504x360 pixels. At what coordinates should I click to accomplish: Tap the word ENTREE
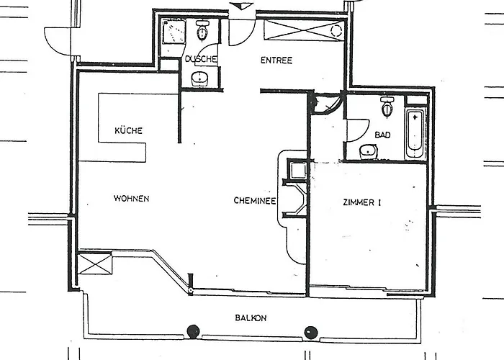click(276, 60)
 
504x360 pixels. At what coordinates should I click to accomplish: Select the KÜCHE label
click(128, 131)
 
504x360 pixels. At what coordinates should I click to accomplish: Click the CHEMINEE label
click(255, 202)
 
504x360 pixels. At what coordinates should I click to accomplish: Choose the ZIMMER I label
click(361, 203)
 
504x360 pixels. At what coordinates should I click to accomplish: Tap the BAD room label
click(382, 135)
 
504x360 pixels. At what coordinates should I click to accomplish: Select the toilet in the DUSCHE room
click(202, 32)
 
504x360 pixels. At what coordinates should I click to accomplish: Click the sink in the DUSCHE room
click(201, 78)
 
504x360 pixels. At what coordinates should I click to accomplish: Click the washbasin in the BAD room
click(368, 150)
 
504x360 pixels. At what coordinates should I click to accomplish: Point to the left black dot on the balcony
click(192, 332)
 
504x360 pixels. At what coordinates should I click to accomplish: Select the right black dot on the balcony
click(310, 332)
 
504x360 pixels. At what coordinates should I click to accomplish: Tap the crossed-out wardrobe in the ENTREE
click(296, 30)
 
